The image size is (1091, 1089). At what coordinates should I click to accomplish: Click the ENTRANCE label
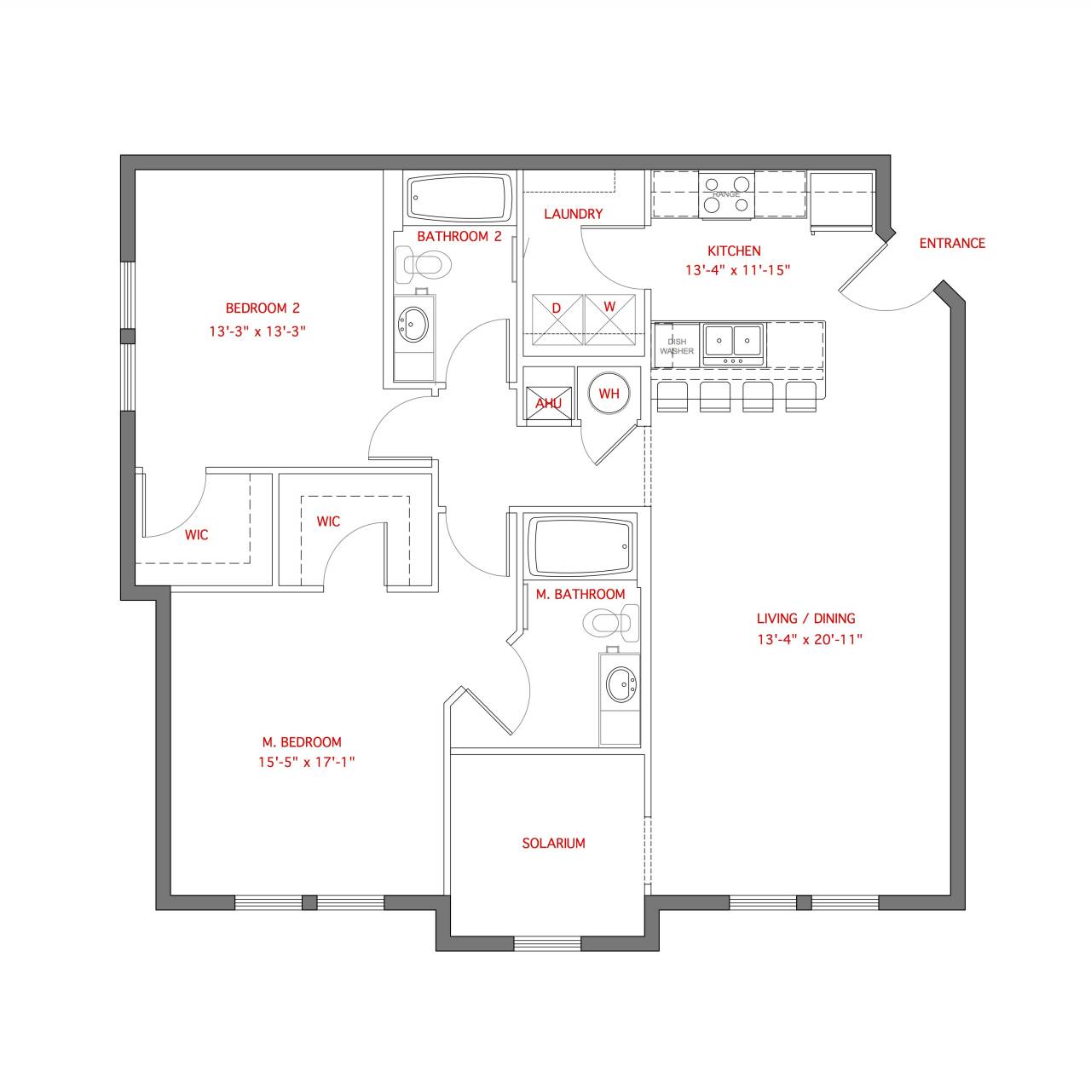coord(951,244)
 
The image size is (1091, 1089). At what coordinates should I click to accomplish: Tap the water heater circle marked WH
coord(609,393)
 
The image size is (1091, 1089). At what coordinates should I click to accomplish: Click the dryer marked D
coord(557,319)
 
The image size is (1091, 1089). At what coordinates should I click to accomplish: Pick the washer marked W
coord(609,319)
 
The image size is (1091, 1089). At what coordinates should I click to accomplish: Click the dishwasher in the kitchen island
coord(676,346)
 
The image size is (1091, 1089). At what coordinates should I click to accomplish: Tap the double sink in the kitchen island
coord(733,341)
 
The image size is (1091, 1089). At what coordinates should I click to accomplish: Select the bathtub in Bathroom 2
coord(459,198)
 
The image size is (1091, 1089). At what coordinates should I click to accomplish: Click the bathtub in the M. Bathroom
coord(580,547)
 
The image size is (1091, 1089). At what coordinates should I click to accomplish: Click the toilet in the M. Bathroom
coord(612,623)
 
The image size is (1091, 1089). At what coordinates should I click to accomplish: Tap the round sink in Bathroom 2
coord(415,323)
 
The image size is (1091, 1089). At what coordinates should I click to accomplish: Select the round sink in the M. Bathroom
coord(621,683)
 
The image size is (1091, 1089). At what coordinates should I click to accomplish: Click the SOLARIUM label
coord(553,844)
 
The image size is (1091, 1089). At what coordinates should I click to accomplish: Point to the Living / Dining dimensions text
coord(810,639)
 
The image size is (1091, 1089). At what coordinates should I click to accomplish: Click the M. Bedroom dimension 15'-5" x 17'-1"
coord(306,763)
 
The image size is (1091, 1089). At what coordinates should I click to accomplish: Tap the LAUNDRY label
coord(573,214)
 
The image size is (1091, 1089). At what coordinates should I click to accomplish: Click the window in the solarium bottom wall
coord(547,943)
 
